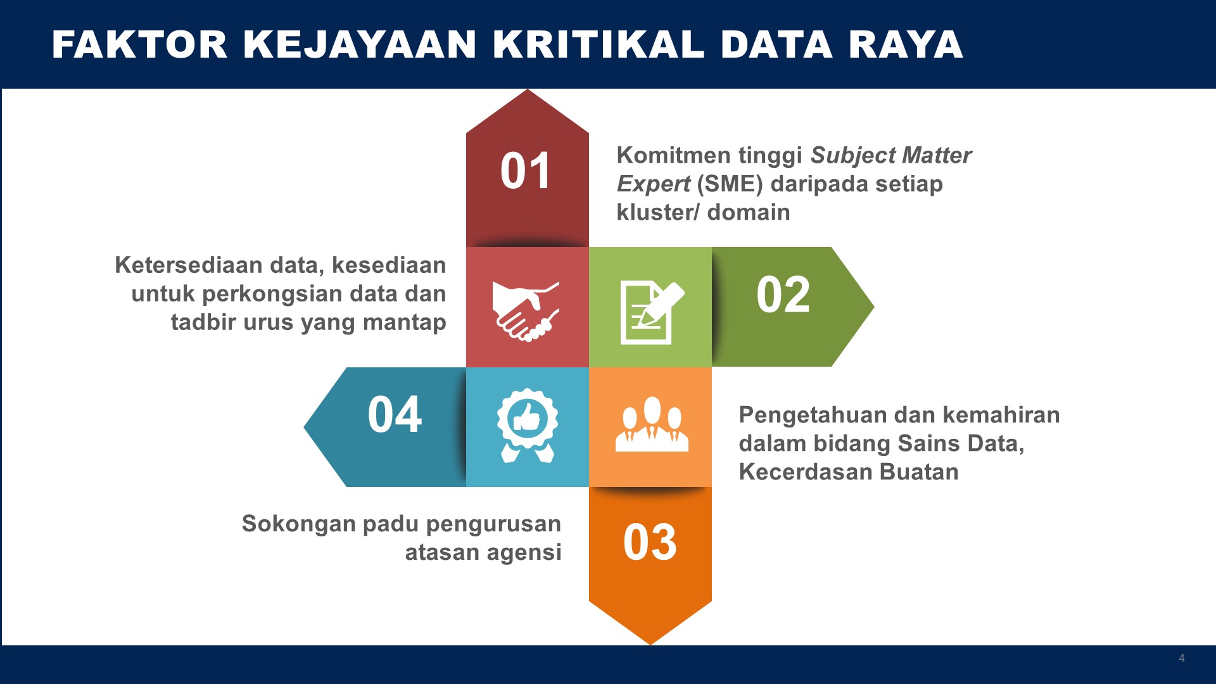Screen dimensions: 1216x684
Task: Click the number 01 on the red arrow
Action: tap(525, 171)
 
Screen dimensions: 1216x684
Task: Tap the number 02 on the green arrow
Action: tap(783, 294)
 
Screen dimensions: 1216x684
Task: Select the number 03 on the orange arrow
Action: tap(650, 542)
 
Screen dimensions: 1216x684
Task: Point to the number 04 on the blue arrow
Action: tap(395, 415)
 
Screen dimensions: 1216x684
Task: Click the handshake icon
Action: tap(526, 311)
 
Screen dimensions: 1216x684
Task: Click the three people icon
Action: tap(652, 424)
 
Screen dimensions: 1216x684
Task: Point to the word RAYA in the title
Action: tap(906, 44)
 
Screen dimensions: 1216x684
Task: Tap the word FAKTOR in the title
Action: tap(139, 44)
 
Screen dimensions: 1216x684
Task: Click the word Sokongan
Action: tap(298, 524)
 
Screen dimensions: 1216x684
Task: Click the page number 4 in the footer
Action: tap(1182, 658)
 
